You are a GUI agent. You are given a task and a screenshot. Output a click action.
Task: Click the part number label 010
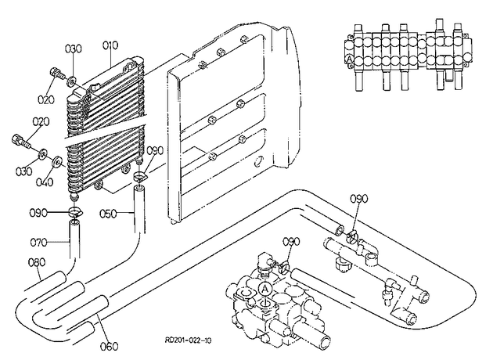tap(110, 45)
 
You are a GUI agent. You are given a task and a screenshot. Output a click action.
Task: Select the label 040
tap(45, 182)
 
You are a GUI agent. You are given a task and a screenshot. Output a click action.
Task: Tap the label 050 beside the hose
tap(108, 214)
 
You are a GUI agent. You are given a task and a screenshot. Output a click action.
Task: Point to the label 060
tap(109, 346)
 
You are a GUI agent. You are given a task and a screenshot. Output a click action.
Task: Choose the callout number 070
tap(38, 243)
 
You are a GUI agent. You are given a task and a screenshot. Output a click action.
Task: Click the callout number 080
tap(37, 262)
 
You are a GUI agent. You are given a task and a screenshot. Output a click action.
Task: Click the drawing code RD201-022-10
tap(189, 340)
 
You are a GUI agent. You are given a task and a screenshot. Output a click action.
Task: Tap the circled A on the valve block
tap(265, 288)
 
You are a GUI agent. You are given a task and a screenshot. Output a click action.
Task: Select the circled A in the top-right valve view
tap(349, 59)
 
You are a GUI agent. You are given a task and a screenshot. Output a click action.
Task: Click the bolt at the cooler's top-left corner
tap(56, 74)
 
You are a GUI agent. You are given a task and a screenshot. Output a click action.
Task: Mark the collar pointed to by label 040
tap(57, 162)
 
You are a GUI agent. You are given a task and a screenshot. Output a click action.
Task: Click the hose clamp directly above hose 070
tap(75, 211)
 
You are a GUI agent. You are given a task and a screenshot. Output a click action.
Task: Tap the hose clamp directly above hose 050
tap(139, 176)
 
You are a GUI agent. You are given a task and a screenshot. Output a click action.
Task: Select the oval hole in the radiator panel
tap(258, 160)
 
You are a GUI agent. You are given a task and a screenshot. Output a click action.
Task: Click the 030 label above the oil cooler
tap(74, 49)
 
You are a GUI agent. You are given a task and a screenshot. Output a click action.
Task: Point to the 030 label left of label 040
tap(24, 171)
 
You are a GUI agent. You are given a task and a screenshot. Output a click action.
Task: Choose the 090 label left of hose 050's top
tap(38, 213)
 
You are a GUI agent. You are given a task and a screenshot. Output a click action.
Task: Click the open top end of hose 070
tap(74, 222)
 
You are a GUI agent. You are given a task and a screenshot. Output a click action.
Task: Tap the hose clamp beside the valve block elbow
tap(285, 267)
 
